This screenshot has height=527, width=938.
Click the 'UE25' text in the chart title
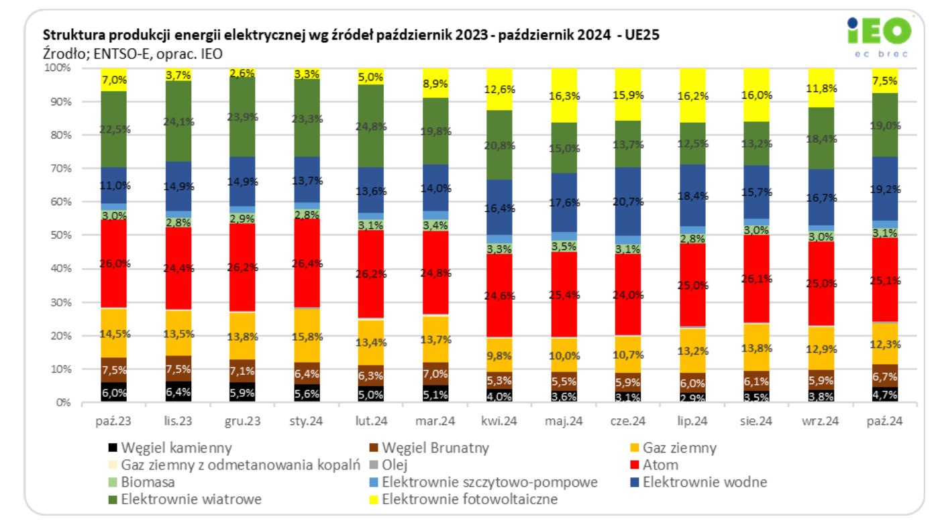coord(641,35)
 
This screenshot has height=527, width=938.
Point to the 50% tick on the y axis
coord(57,235)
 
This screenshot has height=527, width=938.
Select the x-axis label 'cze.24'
coord(629,422)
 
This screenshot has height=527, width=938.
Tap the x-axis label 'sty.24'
coord(306,422)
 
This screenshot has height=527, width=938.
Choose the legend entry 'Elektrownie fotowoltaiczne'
coord(470,500)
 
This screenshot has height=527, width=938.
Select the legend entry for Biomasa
coord(148,482)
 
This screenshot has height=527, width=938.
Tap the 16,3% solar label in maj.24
coord(564,96)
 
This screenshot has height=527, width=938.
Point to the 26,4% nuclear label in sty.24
coord(307,263)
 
